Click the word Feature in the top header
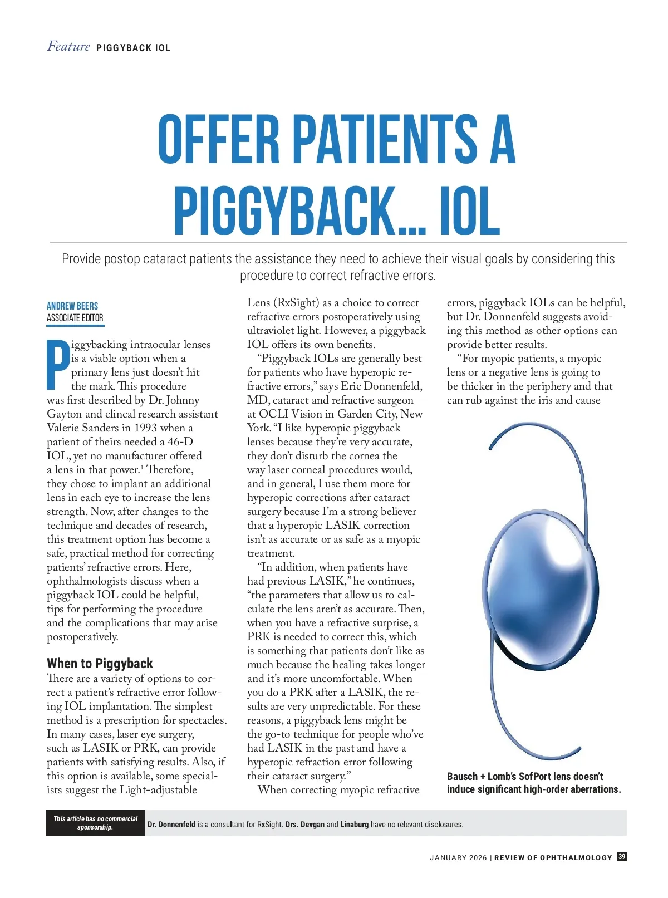(68, 46)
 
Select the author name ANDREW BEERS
(72, 306)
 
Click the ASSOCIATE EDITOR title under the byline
(75, 318)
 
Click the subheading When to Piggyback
(100, 663)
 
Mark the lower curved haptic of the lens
(523, 724)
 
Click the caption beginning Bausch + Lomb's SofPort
(533, 783)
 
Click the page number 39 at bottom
(621, 857)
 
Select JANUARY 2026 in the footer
(458, 858)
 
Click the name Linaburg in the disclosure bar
(354, 825)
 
